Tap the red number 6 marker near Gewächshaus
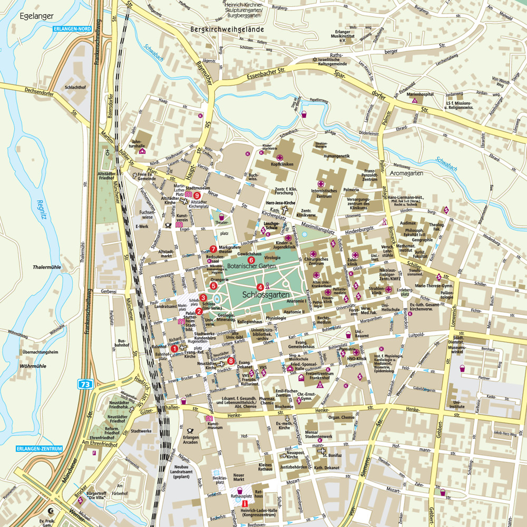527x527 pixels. pos(251,260)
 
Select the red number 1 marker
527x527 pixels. pos(175,348)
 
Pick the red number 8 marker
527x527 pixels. pos(231,361)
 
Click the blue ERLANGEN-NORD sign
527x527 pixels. pos(73,28)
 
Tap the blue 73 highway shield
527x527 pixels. pos(85,385)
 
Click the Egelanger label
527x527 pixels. pos(36,16)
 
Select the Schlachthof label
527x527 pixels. pos(75,87)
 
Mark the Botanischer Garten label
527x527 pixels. pos(252,267)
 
